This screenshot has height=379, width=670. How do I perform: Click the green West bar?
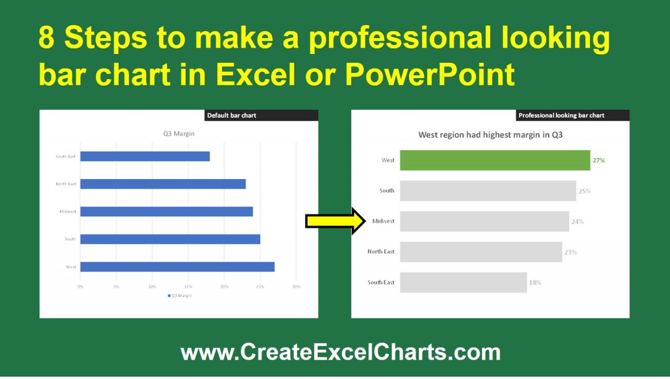495,160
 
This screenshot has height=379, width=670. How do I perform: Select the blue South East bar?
145,157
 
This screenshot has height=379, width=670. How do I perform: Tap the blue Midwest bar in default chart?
166,211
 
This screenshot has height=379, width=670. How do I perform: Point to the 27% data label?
598,161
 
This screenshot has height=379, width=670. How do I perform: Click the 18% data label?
535,283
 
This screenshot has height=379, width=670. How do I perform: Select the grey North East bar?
481,252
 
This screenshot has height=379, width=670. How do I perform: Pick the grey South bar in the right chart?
488,191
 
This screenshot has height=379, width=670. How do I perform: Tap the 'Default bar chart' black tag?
261,116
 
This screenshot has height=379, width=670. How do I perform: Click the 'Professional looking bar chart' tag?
561,116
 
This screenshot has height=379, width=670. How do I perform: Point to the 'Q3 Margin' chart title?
178,133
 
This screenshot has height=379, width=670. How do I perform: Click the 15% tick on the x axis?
188,287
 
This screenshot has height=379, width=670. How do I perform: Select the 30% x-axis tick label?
296,287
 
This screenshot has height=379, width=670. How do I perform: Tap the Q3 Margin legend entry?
180,296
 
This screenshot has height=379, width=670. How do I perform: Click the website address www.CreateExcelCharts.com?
340,352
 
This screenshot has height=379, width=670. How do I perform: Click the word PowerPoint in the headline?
430,75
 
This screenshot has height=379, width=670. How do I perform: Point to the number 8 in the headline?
46,39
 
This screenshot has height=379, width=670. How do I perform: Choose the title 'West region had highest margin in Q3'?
490,135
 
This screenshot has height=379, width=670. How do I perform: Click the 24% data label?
577,222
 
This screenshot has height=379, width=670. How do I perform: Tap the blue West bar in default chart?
177,267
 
